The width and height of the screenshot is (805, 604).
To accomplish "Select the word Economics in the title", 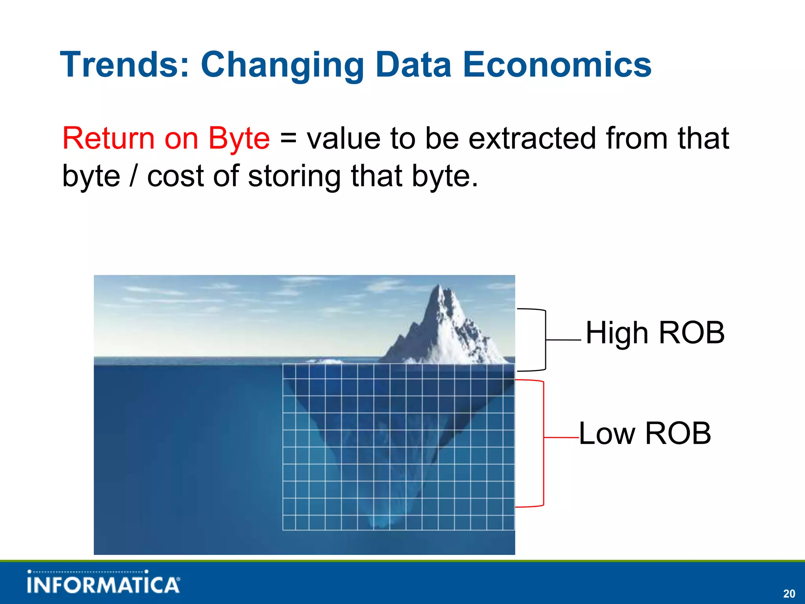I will (557, 65).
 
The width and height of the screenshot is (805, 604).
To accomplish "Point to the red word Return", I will (108, 138).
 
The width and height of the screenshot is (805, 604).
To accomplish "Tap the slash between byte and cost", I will (134, 176).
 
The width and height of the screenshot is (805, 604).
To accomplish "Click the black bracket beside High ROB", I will (545, 340).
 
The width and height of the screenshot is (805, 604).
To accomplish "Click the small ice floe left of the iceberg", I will (324, 361).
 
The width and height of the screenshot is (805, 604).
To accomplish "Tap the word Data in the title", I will (414, 65).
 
